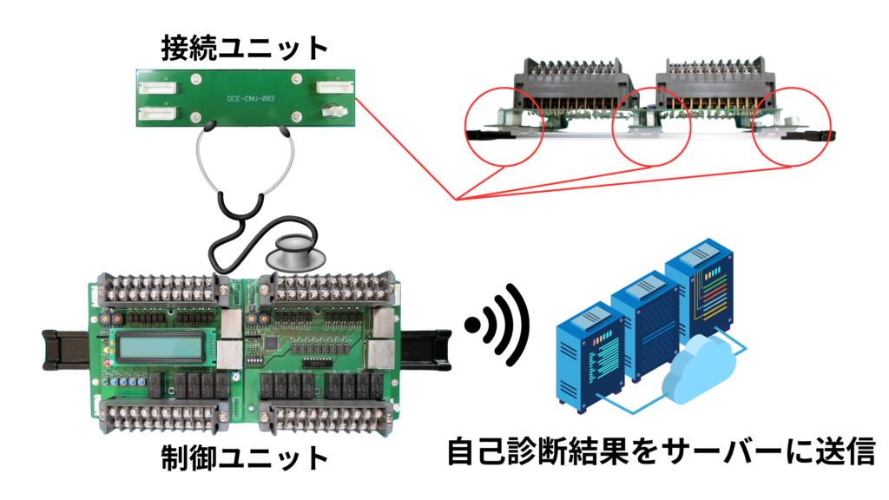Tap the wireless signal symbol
[504, 326]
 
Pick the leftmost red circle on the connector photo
[504, 126]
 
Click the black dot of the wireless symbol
[472, 326]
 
